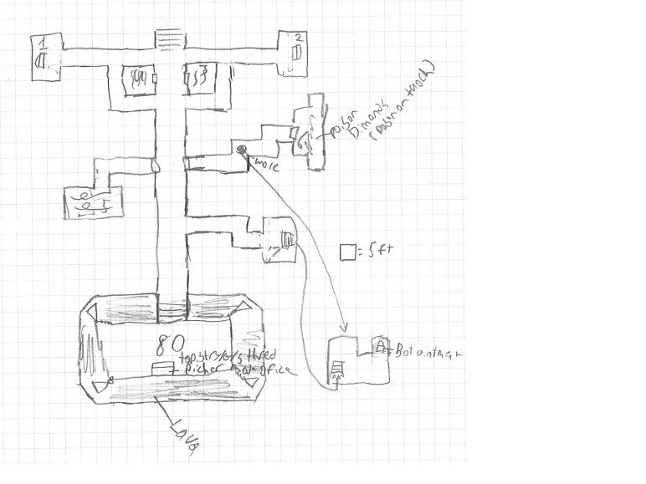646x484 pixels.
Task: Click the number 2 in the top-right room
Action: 299,38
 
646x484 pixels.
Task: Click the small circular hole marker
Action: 241,150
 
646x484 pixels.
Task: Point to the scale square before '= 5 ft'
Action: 347,251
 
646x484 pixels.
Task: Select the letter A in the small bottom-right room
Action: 381,345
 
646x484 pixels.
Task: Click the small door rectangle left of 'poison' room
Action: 293,134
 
